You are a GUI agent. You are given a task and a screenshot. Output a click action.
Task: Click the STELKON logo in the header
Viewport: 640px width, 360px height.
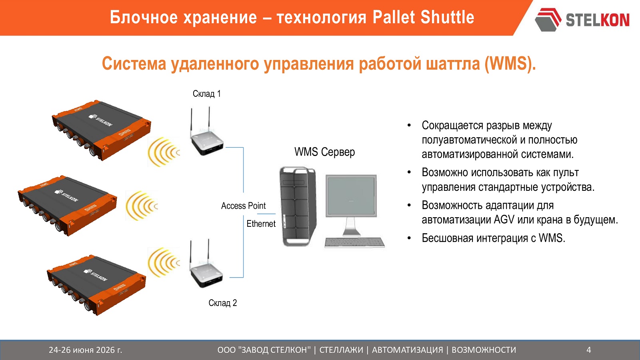tap(582, 20)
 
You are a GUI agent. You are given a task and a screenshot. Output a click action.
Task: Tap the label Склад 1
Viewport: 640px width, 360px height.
tap(206, 94)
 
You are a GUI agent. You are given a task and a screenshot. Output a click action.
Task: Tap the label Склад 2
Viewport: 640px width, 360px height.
tap(222, 302)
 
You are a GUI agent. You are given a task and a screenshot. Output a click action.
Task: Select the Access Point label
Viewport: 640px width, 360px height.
tap(243, 206)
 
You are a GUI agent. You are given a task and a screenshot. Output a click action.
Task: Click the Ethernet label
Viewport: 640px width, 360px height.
tap(261, 224)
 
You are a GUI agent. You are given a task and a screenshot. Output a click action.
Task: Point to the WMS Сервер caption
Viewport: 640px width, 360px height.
tap(324, 152)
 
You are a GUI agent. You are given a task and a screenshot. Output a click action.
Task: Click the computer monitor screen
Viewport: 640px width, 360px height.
tap(351, 196)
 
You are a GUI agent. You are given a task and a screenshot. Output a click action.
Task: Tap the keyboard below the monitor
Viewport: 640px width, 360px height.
tap(354, 242)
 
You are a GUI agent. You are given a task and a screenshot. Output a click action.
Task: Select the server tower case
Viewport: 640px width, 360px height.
tap(298, 206)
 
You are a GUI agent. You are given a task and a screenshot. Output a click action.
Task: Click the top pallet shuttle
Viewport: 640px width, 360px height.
tap(102, 130)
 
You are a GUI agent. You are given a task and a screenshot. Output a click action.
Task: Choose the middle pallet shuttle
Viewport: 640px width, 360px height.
tap(68, 206)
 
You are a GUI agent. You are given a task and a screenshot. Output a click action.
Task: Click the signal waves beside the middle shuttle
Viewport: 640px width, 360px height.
tap(141, 206)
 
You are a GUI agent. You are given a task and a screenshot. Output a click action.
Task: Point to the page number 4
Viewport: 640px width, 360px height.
tap(588, 350)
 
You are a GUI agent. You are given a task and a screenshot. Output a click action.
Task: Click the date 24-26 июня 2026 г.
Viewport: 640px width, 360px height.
tap(86, 350)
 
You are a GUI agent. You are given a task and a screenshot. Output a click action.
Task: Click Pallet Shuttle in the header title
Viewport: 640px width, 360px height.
tap(424, 17)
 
